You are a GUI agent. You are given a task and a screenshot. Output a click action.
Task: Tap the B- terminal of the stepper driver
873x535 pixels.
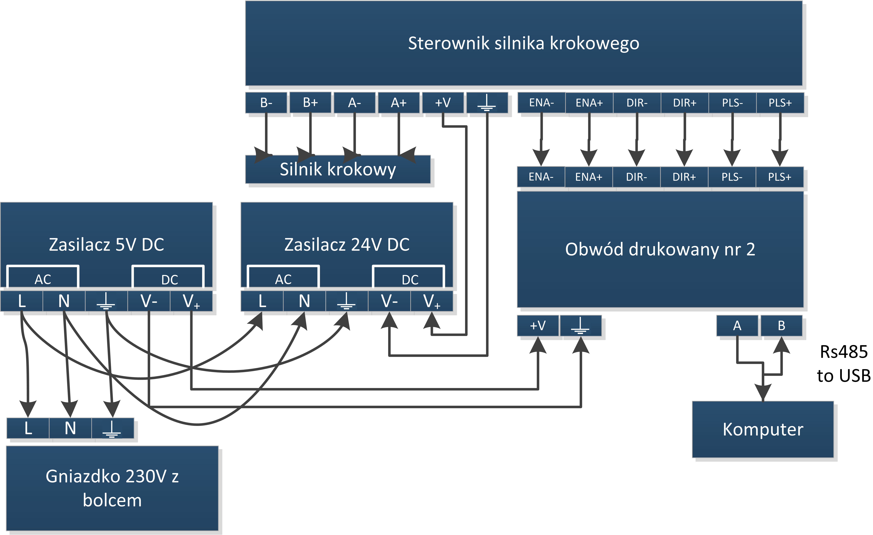[266, 103]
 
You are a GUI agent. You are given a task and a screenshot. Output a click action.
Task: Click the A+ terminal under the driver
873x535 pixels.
[399, 103]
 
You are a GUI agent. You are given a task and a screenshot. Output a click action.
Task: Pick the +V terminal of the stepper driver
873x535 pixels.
[443, 103]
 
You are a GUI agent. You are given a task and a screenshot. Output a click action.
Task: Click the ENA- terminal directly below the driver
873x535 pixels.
[541, 103]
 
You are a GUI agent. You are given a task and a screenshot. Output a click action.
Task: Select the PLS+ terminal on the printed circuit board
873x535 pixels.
[779, 177]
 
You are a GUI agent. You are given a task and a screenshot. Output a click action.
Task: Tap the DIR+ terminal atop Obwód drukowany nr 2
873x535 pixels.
[684, 177]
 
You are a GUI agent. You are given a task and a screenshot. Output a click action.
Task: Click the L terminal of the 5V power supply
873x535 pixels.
[22, 301]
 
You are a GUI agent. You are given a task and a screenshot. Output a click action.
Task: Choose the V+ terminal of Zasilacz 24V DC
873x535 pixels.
[432, 301]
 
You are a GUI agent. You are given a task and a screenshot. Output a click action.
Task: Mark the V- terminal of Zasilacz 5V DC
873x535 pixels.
[149, 301]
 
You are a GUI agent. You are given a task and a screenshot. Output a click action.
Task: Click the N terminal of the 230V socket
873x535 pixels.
[70, 428]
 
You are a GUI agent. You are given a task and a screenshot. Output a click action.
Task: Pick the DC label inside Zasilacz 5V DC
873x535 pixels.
[169, 280]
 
